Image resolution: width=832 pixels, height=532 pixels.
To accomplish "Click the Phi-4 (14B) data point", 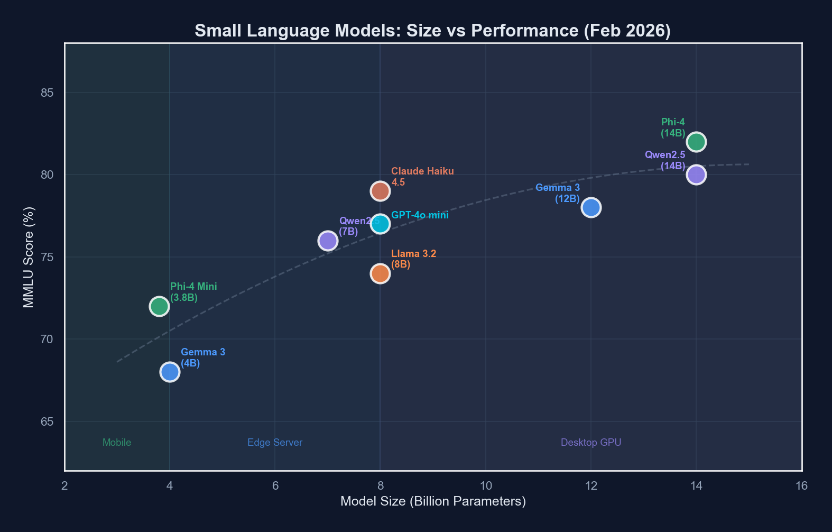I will (696, 142).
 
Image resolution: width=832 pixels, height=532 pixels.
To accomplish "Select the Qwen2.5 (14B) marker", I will (696, 175).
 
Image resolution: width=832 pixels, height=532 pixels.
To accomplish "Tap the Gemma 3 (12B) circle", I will (590, 207).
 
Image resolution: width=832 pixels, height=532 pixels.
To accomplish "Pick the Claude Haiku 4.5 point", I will (380, 191).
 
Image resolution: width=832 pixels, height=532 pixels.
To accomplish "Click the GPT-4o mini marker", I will (380, 224).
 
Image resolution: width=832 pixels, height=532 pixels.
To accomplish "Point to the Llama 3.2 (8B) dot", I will (380, 273).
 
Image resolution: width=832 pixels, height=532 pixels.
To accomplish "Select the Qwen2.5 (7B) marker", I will (328, 241).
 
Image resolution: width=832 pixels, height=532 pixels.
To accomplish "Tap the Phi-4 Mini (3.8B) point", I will (159, 306).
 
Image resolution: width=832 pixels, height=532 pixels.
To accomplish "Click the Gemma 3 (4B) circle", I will (170, 372).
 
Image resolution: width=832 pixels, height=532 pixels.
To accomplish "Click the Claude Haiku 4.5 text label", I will (422, 177).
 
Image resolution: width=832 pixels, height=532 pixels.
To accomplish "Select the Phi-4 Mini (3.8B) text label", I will (193, 292).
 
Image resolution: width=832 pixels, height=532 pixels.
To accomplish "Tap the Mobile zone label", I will (117, 443).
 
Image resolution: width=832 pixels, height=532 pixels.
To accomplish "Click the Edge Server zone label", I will (275, 443).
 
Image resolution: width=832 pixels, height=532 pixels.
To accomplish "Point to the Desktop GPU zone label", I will (590, 443).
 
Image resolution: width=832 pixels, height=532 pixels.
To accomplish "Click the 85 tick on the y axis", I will (47, 93).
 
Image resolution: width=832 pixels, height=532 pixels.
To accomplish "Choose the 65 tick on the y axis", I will (47, 421).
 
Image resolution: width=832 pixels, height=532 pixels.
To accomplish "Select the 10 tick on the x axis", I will (485, 485).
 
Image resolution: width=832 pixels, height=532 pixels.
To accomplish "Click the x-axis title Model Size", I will (433, 501).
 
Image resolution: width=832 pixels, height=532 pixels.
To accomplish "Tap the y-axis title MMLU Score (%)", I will (29, 257).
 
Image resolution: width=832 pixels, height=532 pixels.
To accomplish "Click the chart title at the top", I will (432, 31).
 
